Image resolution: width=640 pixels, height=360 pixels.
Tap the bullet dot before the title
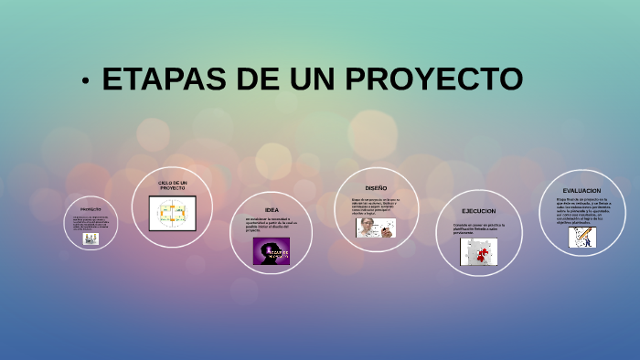85,81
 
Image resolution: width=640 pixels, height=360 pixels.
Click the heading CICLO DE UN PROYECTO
172,185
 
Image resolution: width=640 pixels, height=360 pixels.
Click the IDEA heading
272,209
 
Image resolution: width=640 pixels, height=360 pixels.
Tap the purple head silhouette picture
272,250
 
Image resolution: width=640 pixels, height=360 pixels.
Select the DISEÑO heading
376,187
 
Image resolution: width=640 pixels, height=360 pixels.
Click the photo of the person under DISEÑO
376,228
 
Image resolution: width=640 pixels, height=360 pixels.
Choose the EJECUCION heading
479,211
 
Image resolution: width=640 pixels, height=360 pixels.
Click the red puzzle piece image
478,252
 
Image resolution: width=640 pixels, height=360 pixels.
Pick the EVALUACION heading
581,190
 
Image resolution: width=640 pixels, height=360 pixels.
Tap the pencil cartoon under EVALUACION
581,237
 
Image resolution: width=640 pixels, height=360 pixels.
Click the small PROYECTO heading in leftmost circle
91,208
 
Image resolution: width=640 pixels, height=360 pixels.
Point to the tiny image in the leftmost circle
91,238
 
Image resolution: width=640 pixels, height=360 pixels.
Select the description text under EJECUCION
478,228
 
